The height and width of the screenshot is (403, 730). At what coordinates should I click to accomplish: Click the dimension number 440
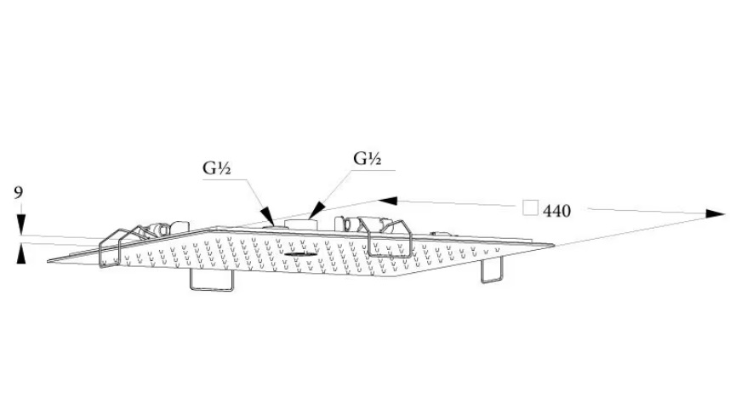[x=556, y=210]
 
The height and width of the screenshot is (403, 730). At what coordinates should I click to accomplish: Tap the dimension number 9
[x=19, y=194]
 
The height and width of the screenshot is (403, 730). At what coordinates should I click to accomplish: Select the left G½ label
[x=217, y=167]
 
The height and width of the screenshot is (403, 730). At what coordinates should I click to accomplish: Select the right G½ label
[x=368, y=158]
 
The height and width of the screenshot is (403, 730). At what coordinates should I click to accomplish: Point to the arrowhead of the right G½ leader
[x=315, y=209]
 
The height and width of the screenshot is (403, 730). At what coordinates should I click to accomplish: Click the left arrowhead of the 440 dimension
[x=388, y=201]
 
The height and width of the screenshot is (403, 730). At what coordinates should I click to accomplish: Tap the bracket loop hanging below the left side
[x=211, y=280]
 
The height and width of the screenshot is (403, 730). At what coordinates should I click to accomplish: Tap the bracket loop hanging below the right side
[x=493, y=270]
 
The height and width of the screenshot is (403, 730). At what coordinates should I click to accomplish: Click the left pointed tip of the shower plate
[x=49, y=260]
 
